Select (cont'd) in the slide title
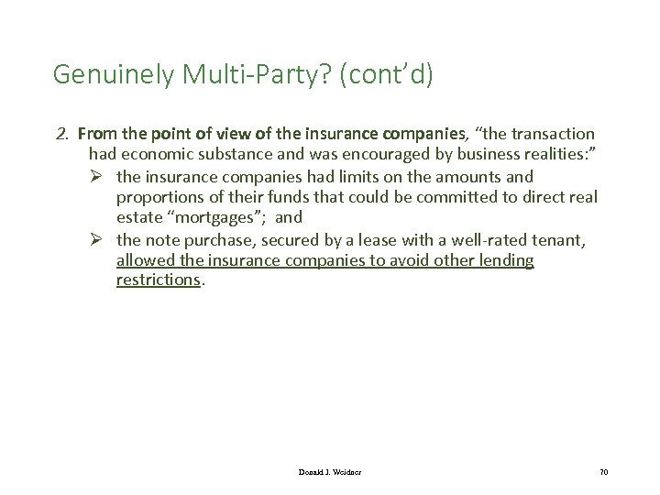386,74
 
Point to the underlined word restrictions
157,280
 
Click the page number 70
603,471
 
